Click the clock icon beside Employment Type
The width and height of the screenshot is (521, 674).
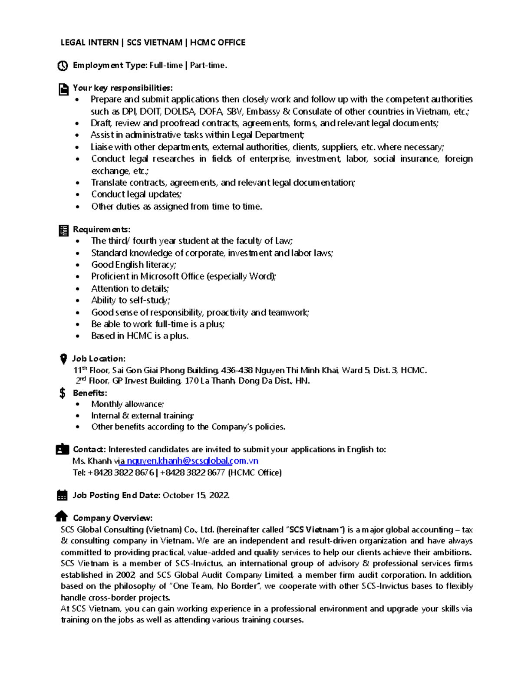click(63, 66)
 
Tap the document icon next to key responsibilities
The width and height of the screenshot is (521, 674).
click(63, 89)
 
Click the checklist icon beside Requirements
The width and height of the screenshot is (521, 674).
click(63, 230)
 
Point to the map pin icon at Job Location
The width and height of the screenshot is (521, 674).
click(63, 359)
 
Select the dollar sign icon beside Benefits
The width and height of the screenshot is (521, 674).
click(63, 393)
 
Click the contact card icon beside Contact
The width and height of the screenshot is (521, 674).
click(63, 449)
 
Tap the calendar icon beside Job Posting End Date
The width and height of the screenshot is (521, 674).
click(63, 495)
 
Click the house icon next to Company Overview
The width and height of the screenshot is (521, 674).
click(62, 516)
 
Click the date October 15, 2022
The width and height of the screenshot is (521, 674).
click(195, 495)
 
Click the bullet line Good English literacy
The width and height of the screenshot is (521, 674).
click(133, 265)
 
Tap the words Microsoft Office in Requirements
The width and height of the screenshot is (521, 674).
click(172, 276)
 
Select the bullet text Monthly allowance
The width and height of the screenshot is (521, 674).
click(127, 404)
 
